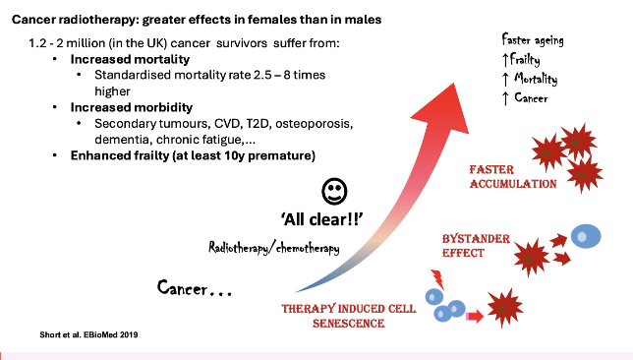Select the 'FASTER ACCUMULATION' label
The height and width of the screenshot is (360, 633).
pyautogui.click(x=511, y=176)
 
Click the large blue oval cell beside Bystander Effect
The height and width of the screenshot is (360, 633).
pyautogui.click(x=587, y=236)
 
